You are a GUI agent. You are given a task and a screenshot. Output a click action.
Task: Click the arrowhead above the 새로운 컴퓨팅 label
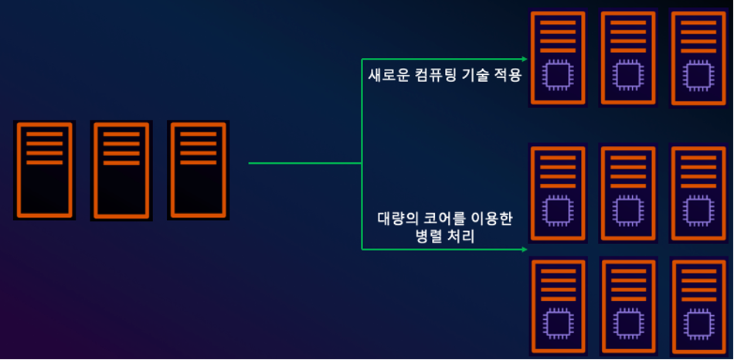pos(525,59)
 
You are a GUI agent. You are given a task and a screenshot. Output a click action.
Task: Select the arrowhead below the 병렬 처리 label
pos(525,250)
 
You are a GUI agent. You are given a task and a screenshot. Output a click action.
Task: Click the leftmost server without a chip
pos(44,170)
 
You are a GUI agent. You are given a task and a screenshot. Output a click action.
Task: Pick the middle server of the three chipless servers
pos(121,171)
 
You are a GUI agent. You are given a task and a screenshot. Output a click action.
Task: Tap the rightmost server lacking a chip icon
pos(199,170)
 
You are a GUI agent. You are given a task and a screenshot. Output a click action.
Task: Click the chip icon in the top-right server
pos(698,75)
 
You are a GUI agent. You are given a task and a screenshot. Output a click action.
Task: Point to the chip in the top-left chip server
pos(556,74)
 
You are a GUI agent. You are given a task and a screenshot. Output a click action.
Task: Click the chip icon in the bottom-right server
pos(697,324)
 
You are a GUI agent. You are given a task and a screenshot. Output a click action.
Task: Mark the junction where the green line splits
pos(362,163)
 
